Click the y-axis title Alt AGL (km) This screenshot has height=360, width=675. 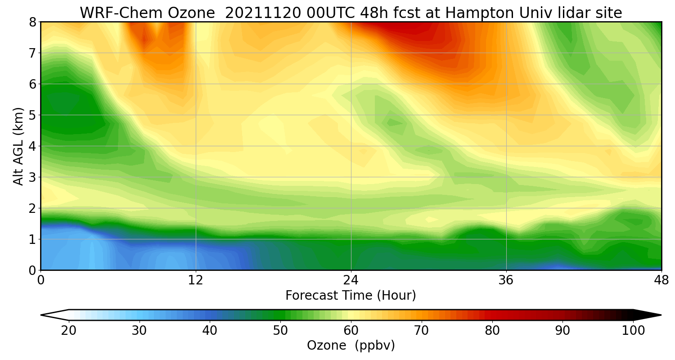point(18,146)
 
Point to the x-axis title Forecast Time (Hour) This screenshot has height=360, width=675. point(351,296)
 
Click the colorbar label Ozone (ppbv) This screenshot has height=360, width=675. point(351,345)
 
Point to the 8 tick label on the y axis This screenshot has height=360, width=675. point(32,22)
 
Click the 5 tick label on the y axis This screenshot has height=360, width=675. point(32,115)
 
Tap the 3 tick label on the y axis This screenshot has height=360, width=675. point(32,177)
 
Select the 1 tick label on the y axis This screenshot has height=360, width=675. point(32,239)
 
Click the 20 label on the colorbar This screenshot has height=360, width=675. point(69,331)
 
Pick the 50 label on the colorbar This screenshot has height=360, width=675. point(280,331)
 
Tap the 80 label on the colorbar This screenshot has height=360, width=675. point(492,331)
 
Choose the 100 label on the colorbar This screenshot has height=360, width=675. point(633,331)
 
